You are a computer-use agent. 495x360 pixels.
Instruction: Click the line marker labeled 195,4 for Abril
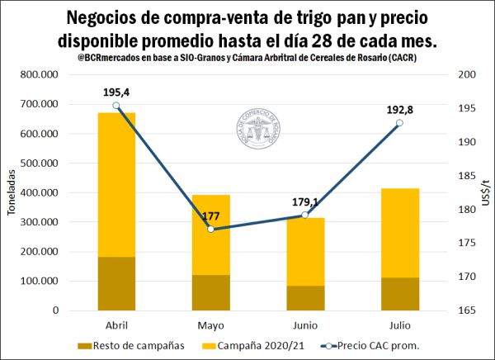point(116,105)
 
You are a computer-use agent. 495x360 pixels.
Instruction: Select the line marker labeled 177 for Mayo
point(210,229)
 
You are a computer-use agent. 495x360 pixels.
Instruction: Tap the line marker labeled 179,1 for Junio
point(304,215)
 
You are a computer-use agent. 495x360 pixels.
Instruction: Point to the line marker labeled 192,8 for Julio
point(399,123)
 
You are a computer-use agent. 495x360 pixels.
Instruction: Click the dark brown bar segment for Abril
point(116,283)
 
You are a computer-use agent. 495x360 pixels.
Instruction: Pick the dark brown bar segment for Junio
point(304,297)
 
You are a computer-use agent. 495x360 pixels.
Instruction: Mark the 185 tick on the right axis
point(466,176)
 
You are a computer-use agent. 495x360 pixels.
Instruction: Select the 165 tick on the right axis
point(466,310)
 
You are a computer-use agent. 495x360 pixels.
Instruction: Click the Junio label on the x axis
point(304,325)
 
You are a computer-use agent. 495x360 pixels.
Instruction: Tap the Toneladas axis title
point(11,192)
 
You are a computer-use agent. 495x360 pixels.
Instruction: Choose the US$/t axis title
point(486,192)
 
